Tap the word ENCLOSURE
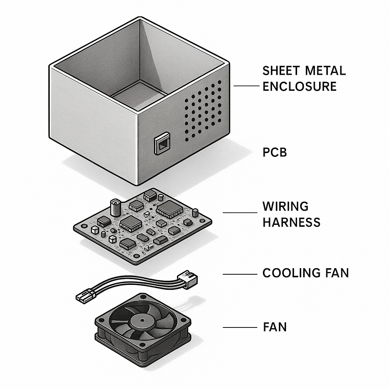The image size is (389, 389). [299, 86]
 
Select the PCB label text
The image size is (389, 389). [275, 152]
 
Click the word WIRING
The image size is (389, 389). [286, 206]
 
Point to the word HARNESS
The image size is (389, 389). [291, 222]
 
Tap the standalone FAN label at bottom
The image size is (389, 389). [275, 327]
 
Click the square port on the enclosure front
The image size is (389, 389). [162, 144]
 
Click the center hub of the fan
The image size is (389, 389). [142, 320]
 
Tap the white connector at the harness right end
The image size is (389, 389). [187, 279]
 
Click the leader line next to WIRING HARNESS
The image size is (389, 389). [240, 212]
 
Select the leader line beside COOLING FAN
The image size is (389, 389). [240, 274]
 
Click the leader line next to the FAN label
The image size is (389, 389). [240, 327]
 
